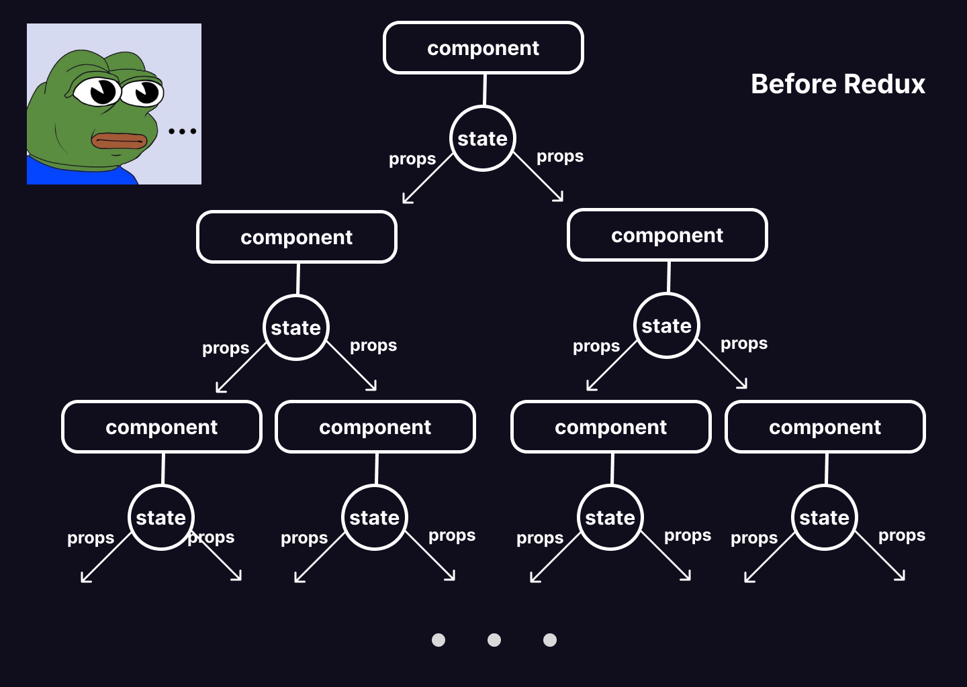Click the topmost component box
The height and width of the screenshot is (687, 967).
[483, 48]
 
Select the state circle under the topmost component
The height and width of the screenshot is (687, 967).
[482, 139]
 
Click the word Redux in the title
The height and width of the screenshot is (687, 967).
[884, 85]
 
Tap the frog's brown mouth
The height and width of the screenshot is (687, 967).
[119, 141]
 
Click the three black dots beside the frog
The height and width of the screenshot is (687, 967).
[182, 131]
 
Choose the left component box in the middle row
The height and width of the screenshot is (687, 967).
[296, 237]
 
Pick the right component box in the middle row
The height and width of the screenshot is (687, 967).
[667, 235]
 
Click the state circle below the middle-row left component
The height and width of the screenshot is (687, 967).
[295, 328]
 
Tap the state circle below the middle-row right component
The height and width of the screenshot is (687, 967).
[666, 326]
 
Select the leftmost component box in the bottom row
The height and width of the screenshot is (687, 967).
[161, 427]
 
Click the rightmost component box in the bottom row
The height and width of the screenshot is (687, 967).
[825, 427]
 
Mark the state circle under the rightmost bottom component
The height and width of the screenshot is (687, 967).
[824, 518]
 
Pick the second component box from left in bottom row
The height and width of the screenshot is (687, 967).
[375, 427]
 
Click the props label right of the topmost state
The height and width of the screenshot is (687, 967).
[560, 156]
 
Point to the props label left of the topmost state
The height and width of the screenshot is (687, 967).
[412, 159]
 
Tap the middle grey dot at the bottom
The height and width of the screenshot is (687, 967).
[494, 640]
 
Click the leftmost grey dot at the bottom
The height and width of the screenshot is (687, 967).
[439, 640]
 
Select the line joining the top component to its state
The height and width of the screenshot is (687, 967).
[484, 89]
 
